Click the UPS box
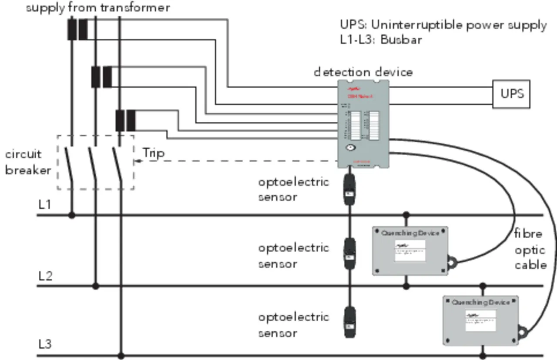[511, 93]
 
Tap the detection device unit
[363, 124]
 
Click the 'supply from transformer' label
[98, 8]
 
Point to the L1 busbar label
[45, 204]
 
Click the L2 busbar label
[45, 275]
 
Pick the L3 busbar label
[45, 344]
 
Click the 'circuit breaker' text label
[27, 162]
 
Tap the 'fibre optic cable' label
[530, 250]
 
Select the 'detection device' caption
[363, 72]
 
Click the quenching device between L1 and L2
[410, 251]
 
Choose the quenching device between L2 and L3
[480, 320]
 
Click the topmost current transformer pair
[77, 30]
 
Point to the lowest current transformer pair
[125, 120]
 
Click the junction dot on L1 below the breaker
[72, 215]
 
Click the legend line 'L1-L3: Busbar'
[381, 40]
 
